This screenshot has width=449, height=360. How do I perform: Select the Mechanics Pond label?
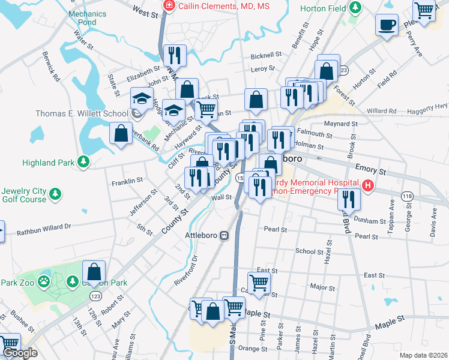tap(82, 18)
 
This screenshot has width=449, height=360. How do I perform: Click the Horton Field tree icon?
tap(356, 7)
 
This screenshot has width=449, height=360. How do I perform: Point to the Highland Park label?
tap(47, 162)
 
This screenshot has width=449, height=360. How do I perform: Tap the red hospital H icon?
tap(367, 187)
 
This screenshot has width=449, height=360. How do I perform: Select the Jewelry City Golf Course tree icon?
tap(55, 194)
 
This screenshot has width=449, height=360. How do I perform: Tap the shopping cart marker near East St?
tap(259, 283)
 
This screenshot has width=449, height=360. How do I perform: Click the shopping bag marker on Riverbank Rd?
tap(121, 133)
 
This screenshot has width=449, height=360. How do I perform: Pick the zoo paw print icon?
tap(44, 281)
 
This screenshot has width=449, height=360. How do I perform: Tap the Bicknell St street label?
tap(267, 55)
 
